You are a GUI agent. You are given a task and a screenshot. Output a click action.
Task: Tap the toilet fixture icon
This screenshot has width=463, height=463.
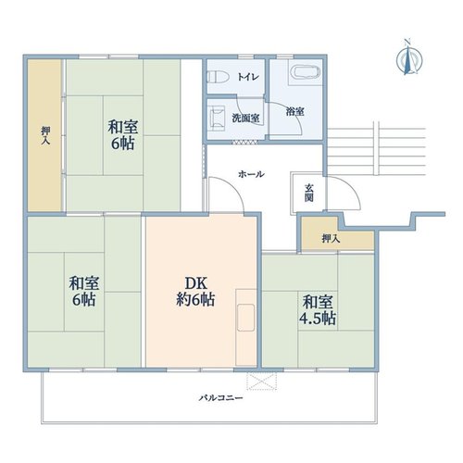coord(218,77)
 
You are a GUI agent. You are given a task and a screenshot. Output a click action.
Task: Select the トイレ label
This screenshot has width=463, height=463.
coord(248,77)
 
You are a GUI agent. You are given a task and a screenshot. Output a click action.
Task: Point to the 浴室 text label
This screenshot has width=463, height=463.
coord(294,111)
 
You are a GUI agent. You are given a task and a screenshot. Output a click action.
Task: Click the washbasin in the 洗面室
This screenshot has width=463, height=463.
coord(218,117)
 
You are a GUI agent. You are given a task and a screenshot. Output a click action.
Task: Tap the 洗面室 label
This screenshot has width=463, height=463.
coord(245,118)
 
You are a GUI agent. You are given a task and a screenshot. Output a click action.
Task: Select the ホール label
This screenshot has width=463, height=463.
coord(251,174)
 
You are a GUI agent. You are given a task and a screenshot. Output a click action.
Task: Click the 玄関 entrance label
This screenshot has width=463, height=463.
coord(309,193)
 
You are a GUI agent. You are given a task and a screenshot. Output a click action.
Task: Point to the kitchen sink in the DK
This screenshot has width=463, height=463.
coord(245,318)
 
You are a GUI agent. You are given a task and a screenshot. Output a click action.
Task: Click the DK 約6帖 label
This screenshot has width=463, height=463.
coord(195,291)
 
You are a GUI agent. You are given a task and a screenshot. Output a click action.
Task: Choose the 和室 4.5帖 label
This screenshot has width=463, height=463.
coord(318,310)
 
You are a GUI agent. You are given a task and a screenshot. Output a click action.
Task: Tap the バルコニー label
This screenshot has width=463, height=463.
coord(220,397)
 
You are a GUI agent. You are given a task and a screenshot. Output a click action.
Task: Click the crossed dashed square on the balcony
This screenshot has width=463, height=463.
coord(262,382)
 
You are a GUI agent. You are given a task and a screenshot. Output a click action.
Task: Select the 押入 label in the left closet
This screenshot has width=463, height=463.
coord(45,135)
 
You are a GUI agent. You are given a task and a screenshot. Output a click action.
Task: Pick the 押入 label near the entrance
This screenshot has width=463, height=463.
coord(331,238)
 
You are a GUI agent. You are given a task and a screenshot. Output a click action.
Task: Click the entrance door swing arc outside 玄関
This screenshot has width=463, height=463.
coord(351,187)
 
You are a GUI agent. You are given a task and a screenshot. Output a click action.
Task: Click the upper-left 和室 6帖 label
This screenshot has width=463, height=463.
coord(122,135)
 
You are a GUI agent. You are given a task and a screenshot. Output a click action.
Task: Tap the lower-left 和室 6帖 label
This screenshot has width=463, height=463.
coord(83,291)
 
